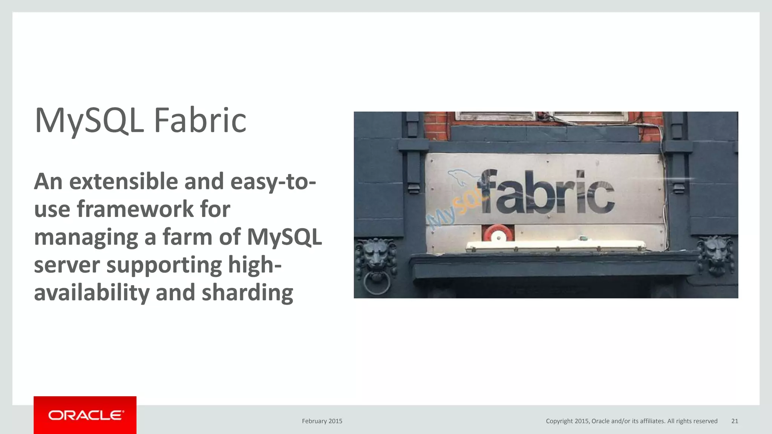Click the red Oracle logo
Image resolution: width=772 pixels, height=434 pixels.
coord(85,415)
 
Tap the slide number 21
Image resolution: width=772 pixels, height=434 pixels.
coord(734,421)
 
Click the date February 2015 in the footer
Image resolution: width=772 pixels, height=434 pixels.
coord(322,421)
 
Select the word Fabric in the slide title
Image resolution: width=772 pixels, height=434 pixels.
coord(200,121)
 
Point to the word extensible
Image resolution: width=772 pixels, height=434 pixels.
coord(124,181)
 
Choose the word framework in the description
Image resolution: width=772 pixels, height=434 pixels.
coord(135,209)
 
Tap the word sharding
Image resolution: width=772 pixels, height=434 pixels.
coord(247,293)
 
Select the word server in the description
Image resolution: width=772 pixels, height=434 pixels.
coord(67,265)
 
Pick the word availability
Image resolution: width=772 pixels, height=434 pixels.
coord(92,293)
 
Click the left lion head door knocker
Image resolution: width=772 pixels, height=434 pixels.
coord(375,256)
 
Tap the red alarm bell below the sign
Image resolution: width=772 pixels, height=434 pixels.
coord(498,234)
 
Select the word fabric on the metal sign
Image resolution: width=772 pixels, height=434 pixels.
coord(547,192)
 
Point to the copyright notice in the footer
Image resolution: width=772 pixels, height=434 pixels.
coord(631,421)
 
